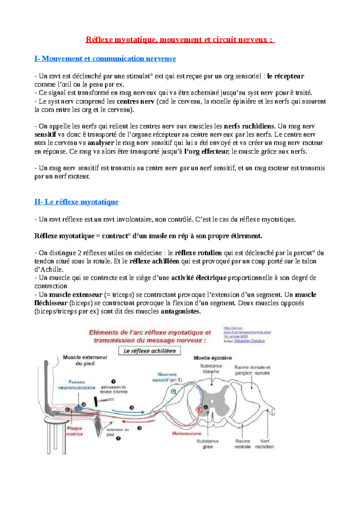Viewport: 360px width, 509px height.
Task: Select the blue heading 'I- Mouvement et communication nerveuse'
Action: click(x=105, y=58)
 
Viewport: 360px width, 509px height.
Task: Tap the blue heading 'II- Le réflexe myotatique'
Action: click(x=76, y=202)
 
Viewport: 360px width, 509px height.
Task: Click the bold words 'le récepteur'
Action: click(x=285, y=76)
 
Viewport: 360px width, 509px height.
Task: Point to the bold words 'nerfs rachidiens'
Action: click(x=249, y=126)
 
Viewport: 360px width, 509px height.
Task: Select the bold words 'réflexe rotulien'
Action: click(x=198, y=253)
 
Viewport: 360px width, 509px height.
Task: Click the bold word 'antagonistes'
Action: click(x=180, y=311)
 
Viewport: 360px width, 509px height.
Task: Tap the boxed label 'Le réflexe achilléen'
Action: click(x=149, y=351)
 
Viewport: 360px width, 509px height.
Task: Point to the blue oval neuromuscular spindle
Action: click(x=79, y=408)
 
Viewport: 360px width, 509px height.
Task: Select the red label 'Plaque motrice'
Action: click(x=74, y=431)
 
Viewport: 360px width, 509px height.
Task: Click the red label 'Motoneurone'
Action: click(x=187, y=433)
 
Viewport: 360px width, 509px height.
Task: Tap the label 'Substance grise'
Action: click(x=208, y=444)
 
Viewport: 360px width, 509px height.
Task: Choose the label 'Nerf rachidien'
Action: click(x=264, y=444)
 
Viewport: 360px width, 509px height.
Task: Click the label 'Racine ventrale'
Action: click(x=242, y=444)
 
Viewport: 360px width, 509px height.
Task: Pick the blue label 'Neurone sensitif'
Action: click(x=167, y=377)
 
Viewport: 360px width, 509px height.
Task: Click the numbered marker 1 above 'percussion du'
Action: click(x=113, y=382)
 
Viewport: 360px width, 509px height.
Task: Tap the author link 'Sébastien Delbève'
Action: click(x=249, y=341)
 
